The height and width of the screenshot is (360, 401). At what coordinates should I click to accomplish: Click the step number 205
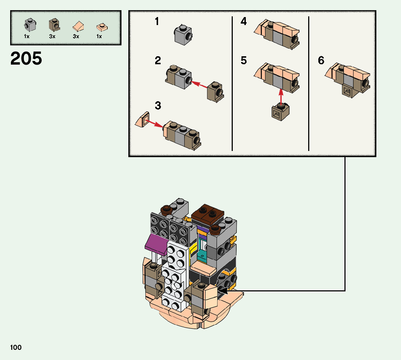[x=26, y=58]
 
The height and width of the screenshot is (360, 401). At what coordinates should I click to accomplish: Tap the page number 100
[x=16, y=347]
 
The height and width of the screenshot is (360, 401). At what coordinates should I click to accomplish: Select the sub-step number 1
[x=157, y=21]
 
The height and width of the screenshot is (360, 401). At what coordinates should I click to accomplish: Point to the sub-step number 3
[x=158, y=106]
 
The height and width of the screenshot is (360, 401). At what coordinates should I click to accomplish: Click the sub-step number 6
[x=321, y=61]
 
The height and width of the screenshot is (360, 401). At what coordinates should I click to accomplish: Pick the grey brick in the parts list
[x=30, y=25]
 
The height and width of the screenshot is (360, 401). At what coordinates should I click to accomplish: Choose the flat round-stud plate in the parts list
[x=102, y=27]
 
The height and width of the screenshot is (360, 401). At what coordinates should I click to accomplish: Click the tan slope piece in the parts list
[x=78, y=26]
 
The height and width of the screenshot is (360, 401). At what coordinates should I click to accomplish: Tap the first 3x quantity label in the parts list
[x=52, y=36]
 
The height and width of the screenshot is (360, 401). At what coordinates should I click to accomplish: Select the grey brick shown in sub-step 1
[x=183, y=35]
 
